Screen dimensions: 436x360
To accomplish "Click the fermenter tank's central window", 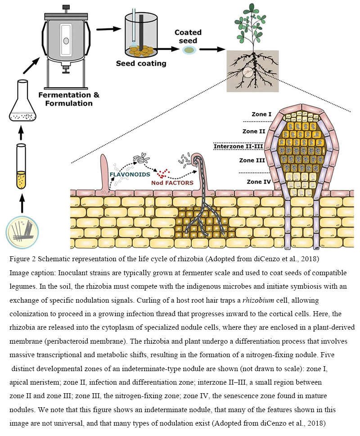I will click(66, 41).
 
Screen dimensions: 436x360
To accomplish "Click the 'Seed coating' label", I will click(141, 63).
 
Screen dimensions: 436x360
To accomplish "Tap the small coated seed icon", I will click(189, 50).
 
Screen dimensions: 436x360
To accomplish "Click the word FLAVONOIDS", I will click(130, 173).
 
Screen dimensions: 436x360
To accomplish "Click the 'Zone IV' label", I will click(259, 182).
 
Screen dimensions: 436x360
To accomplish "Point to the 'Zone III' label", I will click(253, 160).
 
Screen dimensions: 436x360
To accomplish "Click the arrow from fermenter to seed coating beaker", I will click(106, 29).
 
